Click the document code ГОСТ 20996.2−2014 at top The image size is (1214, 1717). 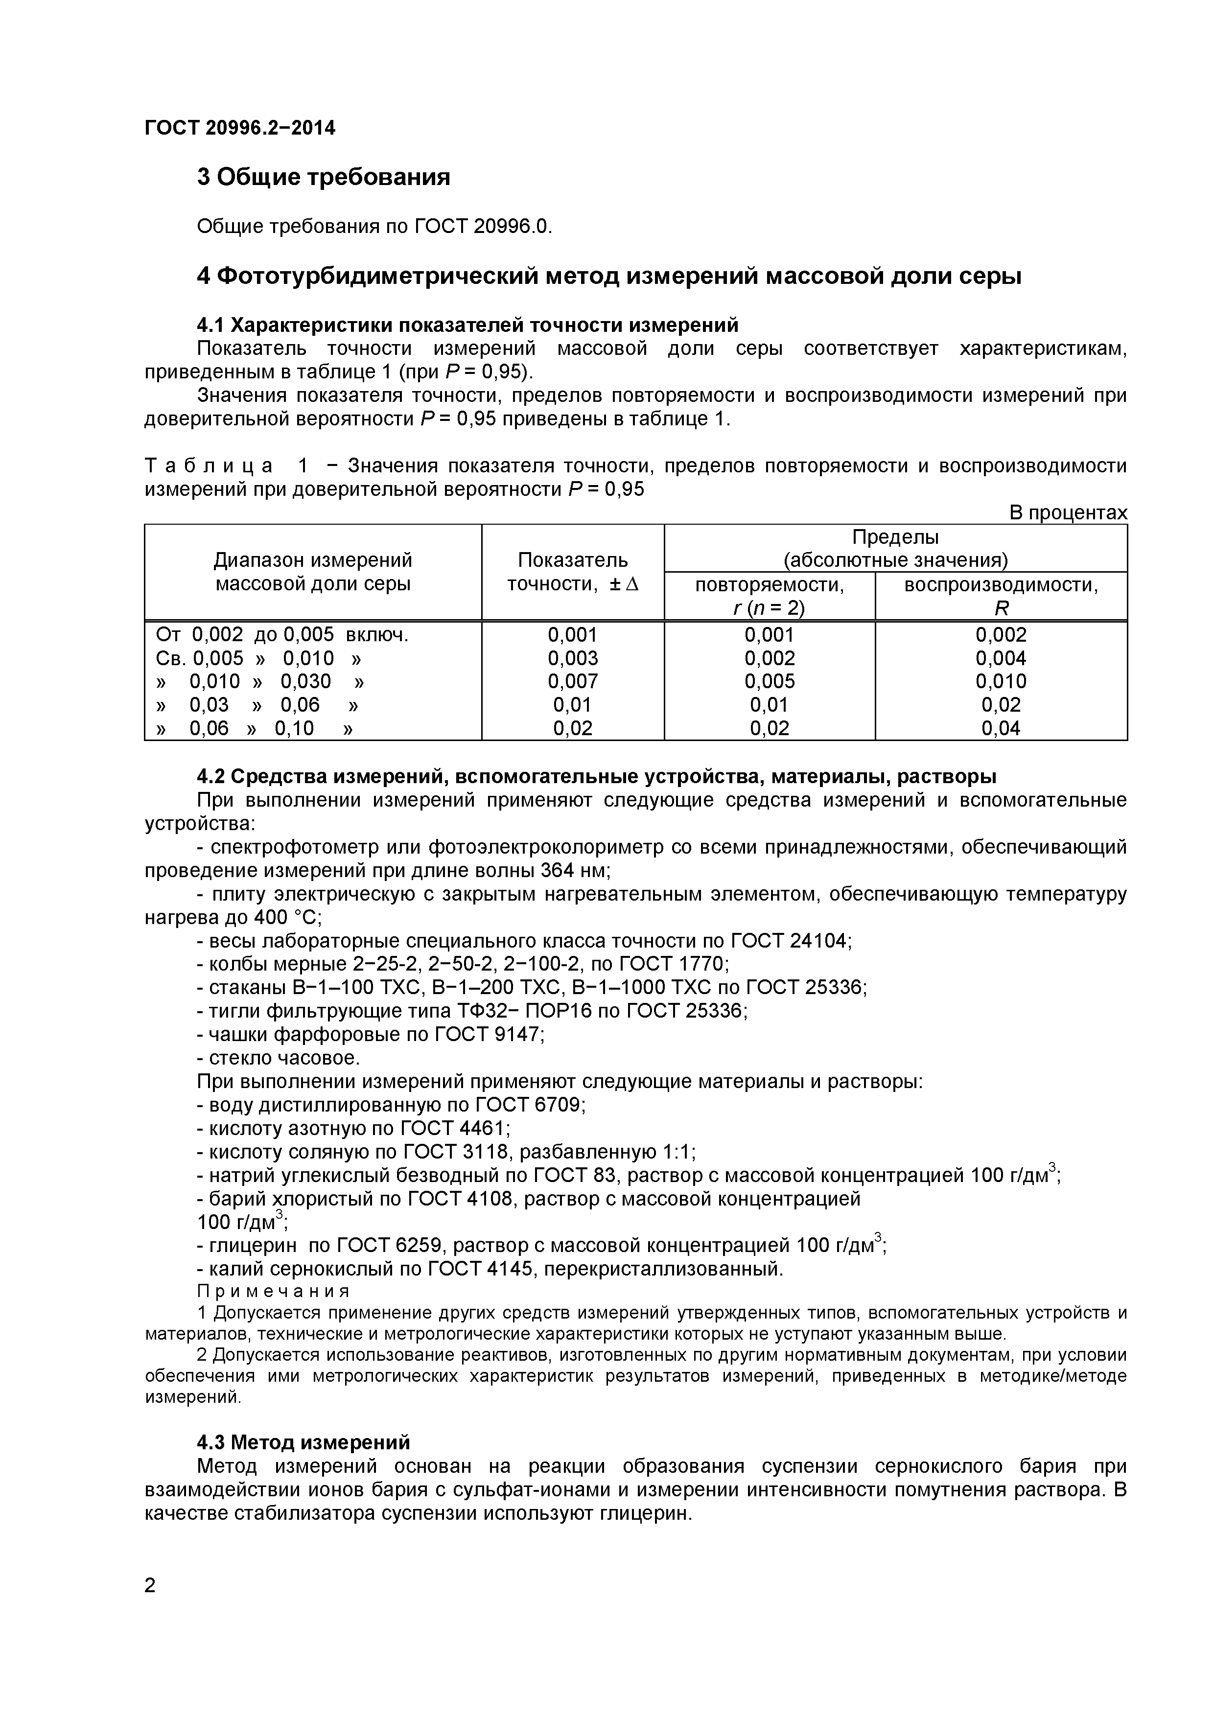(x=239, y=129)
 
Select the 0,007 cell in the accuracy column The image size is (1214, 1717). (x=572, y=681)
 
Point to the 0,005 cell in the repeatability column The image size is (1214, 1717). (x=769, y=681)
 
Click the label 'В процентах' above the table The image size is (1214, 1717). (x=1068, y=513)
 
